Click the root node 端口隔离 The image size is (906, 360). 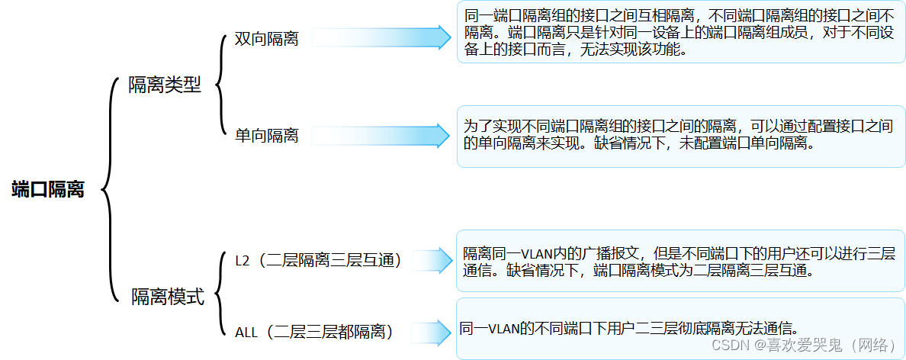point(48,190)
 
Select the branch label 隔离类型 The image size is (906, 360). point(165,85)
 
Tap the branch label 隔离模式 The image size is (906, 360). point(168,297)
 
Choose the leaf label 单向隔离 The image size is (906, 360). point(266,136)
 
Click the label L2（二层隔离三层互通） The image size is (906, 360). point(319,260)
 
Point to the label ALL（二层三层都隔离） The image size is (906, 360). point(313,332)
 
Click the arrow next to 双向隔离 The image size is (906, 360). point(381,38)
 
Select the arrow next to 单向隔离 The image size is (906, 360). point(381,135)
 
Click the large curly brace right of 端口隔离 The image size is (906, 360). point(109,189)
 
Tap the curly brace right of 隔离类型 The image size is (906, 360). point(220,85)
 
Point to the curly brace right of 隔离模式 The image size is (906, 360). point(220,296)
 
